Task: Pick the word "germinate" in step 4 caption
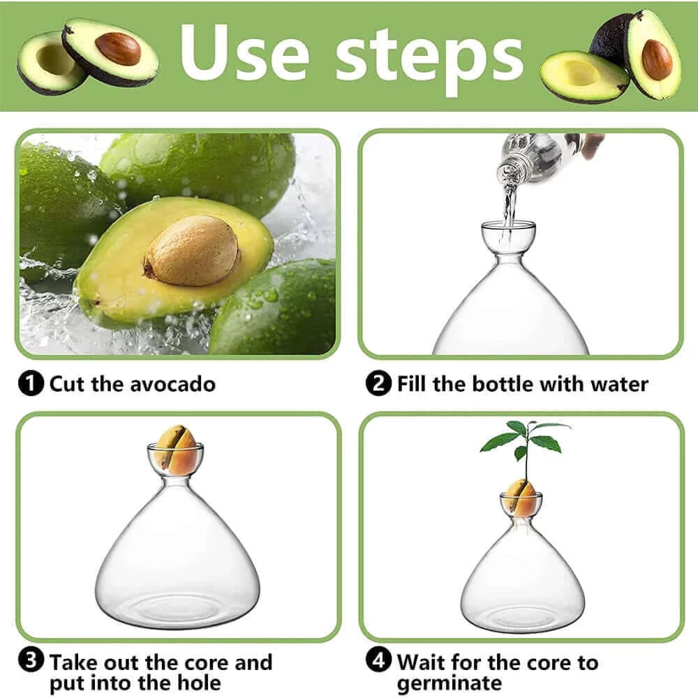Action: coord(449,682)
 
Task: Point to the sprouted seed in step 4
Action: coord(521,497)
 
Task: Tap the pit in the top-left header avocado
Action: coord(118,49)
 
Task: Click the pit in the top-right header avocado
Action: coord(657,59)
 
